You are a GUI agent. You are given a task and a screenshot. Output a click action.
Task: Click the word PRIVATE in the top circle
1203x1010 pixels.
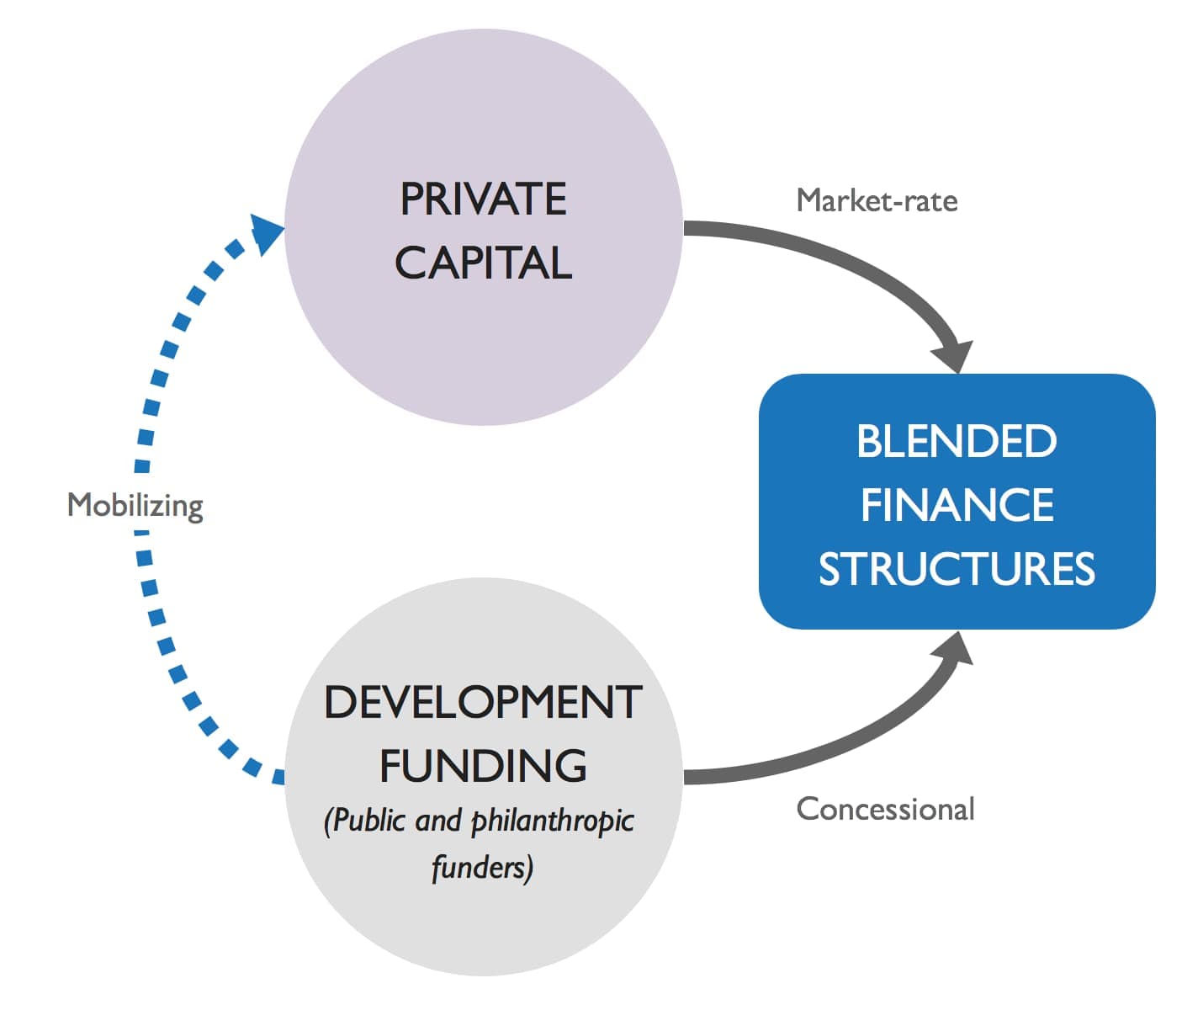(x=483, y=199)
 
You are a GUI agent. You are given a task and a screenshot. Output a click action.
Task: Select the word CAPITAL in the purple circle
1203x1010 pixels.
(x=483, y=263)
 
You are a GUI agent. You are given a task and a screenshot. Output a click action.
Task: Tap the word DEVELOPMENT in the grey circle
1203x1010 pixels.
(x=483, y=702)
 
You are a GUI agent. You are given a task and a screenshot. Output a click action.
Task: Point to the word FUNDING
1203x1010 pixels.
(x=483, y=766)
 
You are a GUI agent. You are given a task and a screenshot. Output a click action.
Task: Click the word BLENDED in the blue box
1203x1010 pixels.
(x=957, y=441)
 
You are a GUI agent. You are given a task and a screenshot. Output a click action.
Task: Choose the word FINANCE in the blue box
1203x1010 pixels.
(x=957, y=505)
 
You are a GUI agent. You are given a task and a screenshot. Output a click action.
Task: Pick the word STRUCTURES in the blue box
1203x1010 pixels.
(x=957, y=569)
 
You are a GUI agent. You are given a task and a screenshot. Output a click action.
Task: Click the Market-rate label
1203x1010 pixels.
(x=877, y=200)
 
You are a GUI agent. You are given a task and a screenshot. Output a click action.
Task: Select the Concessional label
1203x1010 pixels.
(x=885, y=809)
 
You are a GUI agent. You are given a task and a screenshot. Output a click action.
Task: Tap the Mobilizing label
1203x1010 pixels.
(x=135, y=505)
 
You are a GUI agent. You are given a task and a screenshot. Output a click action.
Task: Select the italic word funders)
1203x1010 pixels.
(x=482, y=867)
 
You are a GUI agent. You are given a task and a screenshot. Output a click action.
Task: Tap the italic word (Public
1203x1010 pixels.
(x=363, y=821)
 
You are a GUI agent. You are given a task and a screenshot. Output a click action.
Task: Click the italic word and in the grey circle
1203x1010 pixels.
(x=438, y=821)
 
